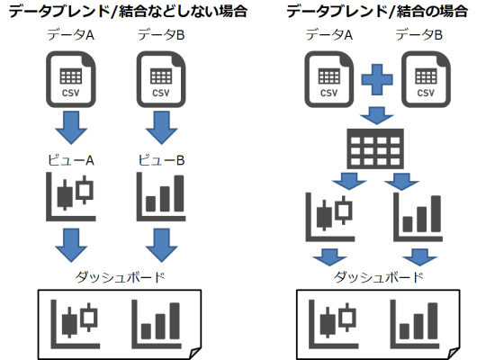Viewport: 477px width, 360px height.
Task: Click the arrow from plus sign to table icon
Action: pyautogui.click(x=373, y=116)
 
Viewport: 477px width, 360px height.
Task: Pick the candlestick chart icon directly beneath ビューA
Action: pyautogui.click(x=68, y=198)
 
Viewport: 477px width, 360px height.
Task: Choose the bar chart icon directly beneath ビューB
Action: pyautogui.click(x=161, y=198)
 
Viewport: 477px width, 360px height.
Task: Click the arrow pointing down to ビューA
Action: pyautogui.click(x=68, y=127)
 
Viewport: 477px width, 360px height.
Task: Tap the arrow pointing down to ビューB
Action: pyautogui.click(x=161, y=127)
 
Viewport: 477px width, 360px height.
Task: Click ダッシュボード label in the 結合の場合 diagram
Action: pyautogui.click(x=375, y=278)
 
